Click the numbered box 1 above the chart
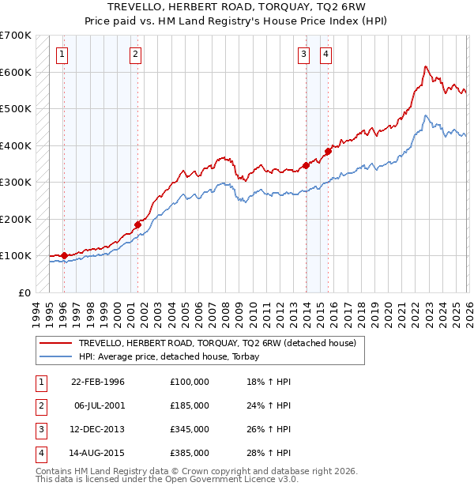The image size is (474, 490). (x=62, y=55)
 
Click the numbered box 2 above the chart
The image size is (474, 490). (x=136, y=55)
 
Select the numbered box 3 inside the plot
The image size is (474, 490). (x=303, y=55)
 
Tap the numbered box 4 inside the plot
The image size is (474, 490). (x=325, y=55)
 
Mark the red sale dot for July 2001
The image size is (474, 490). (x=137, y=224)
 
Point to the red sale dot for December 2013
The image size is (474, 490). (x=306, y=166)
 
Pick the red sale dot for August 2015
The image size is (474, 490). (x=328, y=151)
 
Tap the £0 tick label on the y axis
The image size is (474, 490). (x=25, y=292)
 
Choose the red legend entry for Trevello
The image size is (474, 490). (x=217, y=343)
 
